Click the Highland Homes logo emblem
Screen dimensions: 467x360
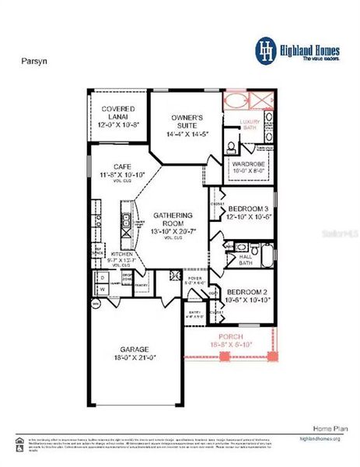pyautogui.click(x=267, y=50)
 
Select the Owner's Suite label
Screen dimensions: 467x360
pyautogui.click(x=187, y=123)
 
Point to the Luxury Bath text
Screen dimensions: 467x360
pyautogui.click(x=249, y=125)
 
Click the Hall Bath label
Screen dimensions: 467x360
pyautogui.click(x=246, y=258)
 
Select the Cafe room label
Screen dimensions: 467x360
pyautogui.click(x=122, y=167)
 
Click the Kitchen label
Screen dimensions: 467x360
pyautogui.click(x=122, y=255)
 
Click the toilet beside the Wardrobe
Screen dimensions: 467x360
pyautogui.click(x=232, y=147)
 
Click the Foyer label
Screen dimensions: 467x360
pyautogui.click(x=195, y=278)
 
